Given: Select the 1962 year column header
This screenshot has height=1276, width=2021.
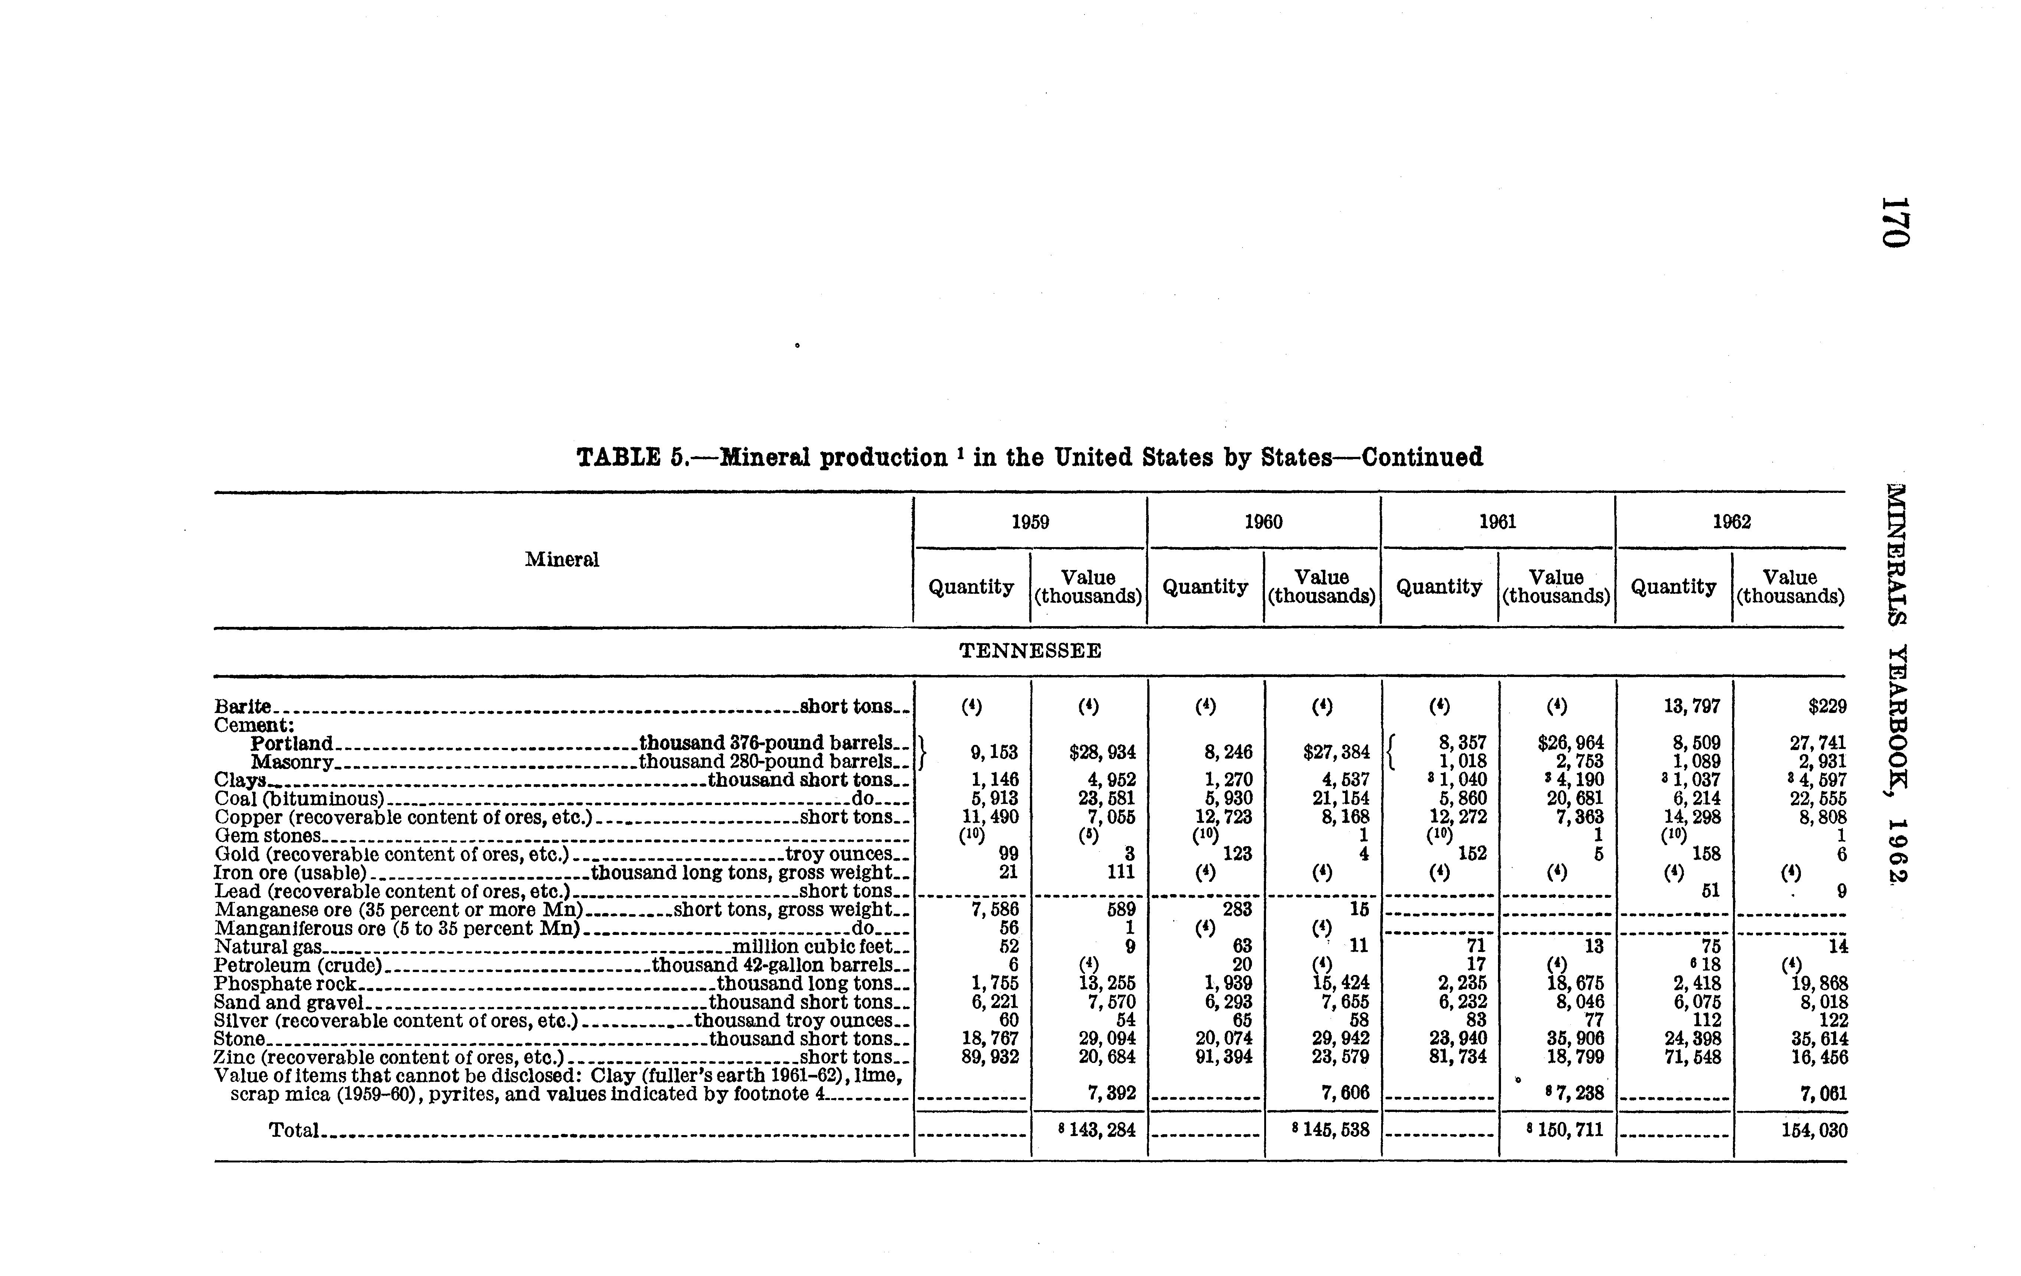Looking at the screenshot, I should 1731,522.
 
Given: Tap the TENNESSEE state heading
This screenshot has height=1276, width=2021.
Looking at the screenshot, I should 1030,651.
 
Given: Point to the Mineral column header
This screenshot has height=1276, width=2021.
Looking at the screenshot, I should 562,560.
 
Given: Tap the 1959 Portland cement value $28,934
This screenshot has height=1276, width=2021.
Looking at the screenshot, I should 1102,752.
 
